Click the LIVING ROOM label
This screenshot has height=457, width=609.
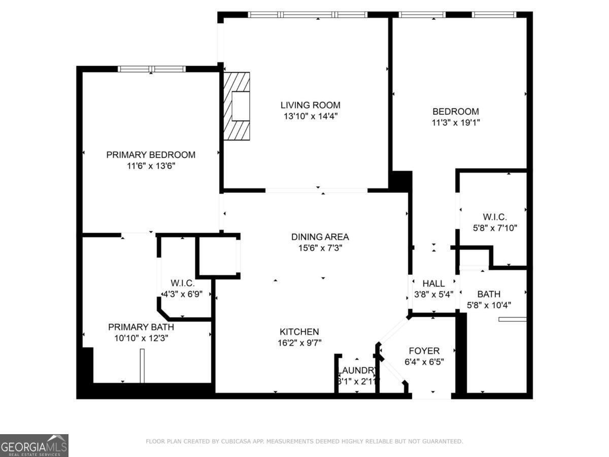311,105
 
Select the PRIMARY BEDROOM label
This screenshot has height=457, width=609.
151,155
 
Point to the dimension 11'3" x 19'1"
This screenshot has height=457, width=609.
455,122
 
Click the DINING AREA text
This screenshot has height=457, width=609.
320,237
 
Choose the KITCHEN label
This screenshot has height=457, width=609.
299,332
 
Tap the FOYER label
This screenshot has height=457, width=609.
424,351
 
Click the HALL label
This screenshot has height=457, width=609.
433,283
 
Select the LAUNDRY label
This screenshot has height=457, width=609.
357,371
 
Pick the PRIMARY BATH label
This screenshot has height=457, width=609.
141,327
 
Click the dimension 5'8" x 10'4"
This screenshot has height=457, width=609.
489,305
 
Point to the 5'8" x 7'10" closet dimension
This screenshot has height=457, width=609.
495,228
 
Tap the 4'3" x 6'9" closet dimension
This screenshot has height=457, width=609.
183,294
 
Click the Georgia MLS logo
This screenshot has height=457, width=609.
34,445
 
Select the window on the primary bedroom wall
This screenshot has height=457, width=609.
151,69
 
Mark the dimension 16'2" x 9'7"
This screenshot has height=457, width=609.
299,343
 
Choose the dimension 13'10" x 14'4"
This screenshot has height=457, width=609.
311,116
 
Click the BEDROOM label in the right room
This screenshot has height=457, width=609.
455,111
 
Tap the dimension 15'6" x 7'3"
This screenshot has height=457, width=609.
320,248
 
